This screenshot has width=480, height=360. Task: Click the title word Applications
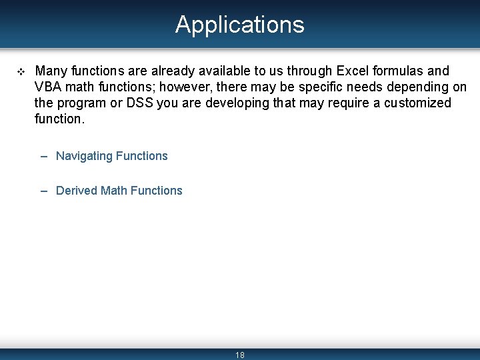pos(240,25)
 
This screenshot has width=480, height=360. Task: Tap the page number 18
pos(240,355)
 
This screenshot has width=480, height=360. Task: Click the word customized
pos(417,103)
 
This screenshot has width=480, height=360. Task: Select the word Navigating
pos(84,156)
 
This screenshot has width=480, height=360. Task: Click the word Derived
pos(77,191)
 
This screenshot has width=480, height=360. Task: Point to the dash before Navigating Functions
pos(43,156)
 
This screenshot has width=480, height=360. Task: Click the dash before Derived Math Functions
pos(43,191)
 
